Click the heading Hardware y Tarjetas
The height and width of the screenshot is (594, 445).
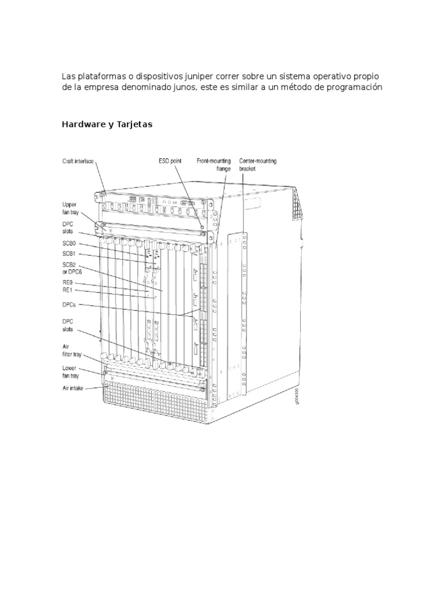(107, 124)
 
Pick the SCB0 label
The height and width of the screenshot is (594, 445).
(70, 244)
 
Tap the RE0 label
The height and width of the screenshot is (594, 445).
(68, 282)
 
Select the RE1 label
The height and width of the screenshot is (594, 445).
(68, 289)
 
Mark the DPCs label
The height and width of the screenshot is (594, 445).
(70, 304)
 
